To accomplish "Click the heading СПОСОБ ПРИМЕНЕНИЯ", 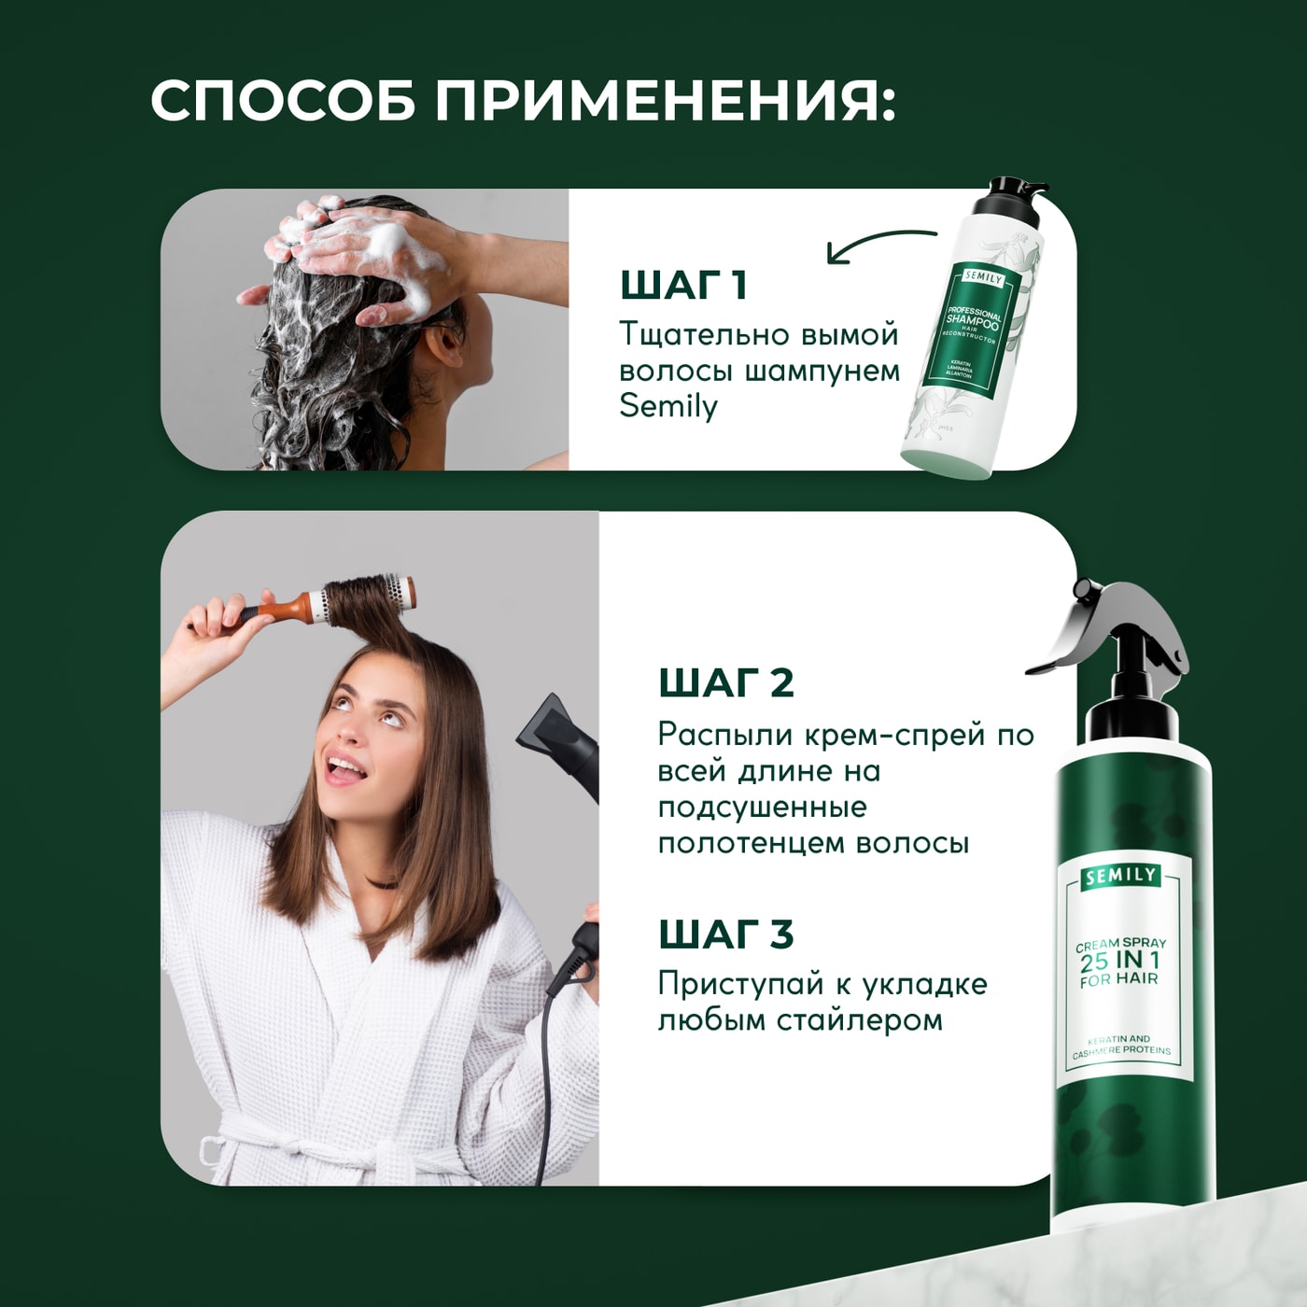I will [x=523, y=100].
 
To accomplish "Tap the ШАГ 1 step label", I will [x=683, y=285].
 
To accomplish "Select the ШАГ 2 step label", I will [x=725, y=682].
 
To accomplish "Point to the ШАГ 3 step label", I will [x=725, y=934].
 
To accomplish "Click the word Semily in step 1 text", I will [x=668, y=407].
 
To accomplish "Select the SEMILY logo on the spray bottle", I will [x=1121, y=876].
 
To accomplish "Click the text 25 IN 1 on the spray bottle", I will [x=1119, y=961].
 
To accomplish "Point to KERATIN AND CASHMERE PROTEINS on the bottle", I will [x=1120, y=1045].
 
